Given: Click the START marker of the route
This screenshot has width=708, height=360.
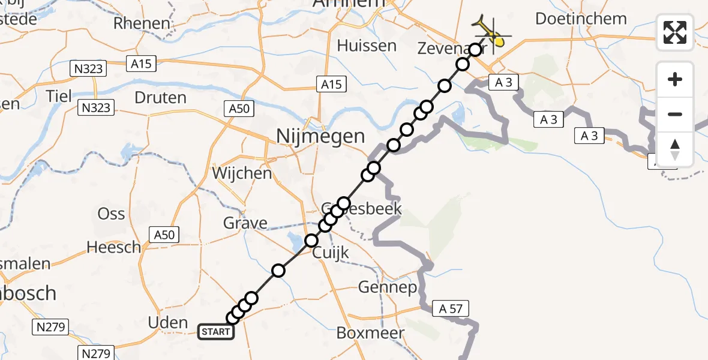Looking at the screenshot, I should click(216, 331).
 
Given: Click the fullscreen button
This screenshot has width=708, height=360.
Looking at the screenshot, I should click(675, 32).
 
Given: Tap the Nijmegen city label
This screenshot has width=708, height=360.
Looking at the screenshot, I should click(320, 136).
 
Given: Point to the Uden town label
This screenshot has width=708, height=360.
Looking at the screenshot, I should click(168, 323).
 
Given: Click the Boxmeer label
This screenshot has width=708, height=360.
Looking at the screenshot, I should click(370, 333).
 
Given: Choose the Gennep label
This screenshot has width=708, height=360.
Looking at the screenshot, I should click(387, 288).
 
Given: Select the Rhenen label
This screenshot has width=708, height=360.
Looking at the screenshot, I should click(142, 23).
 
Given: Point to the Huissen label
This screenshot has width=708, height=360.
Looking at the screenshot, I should click(367, 46).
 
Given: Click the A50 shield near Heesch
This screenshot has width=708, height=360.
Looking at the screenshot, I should click(164, 235).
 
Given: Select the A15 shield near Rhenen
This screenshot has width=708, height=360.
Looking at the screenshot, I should click(141, 63).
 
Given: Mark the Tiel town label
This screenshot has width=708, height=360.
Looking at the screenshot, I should click(59, 95).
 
